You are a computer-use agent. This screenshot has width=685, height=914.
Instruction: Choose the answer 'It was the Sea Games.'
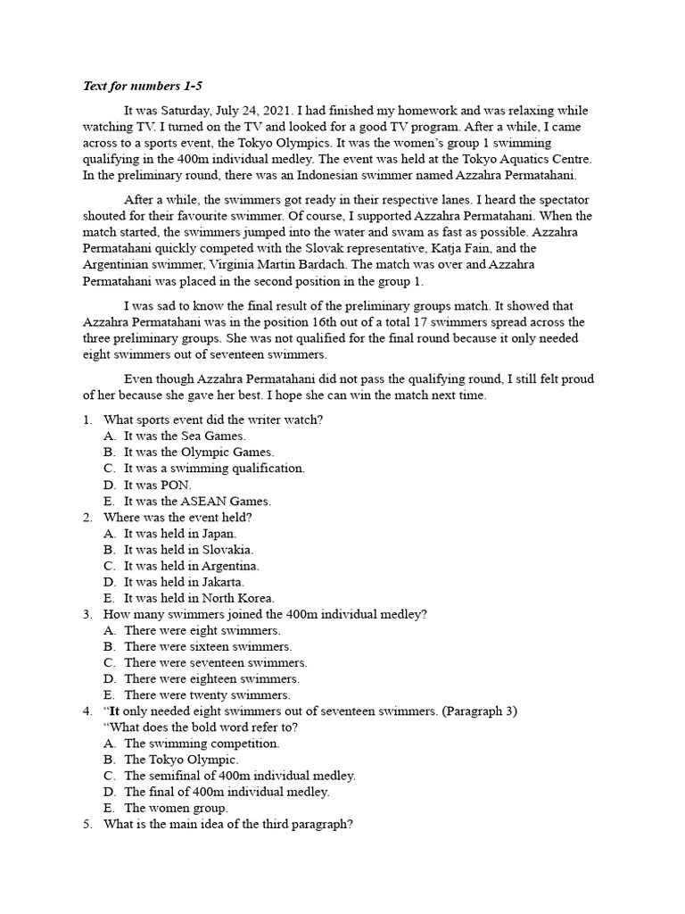tap(185, 436)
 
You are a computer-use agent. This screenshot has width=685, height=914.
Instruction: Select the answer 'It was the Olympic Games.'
tap(199, 452)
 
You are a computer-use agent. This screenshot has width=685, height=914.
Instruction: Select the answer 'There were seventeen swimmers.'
tap(215, 662)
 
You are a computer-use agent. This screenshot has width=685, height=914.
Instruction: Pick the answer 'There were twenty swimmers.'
tap(207, 694)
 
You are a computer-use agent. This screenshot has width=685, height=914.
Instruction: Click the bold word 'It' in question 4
tap(116, 710)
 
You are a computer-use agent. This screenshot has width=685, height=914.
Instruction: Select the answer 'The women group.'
tap(176, 808)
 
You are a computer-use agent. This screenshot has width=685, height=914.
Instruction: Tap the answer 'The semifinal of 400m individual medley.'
tap(240, 775)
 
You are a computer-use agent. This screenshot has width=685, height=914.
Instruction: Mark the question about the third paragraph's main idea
tap(228, 824)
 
